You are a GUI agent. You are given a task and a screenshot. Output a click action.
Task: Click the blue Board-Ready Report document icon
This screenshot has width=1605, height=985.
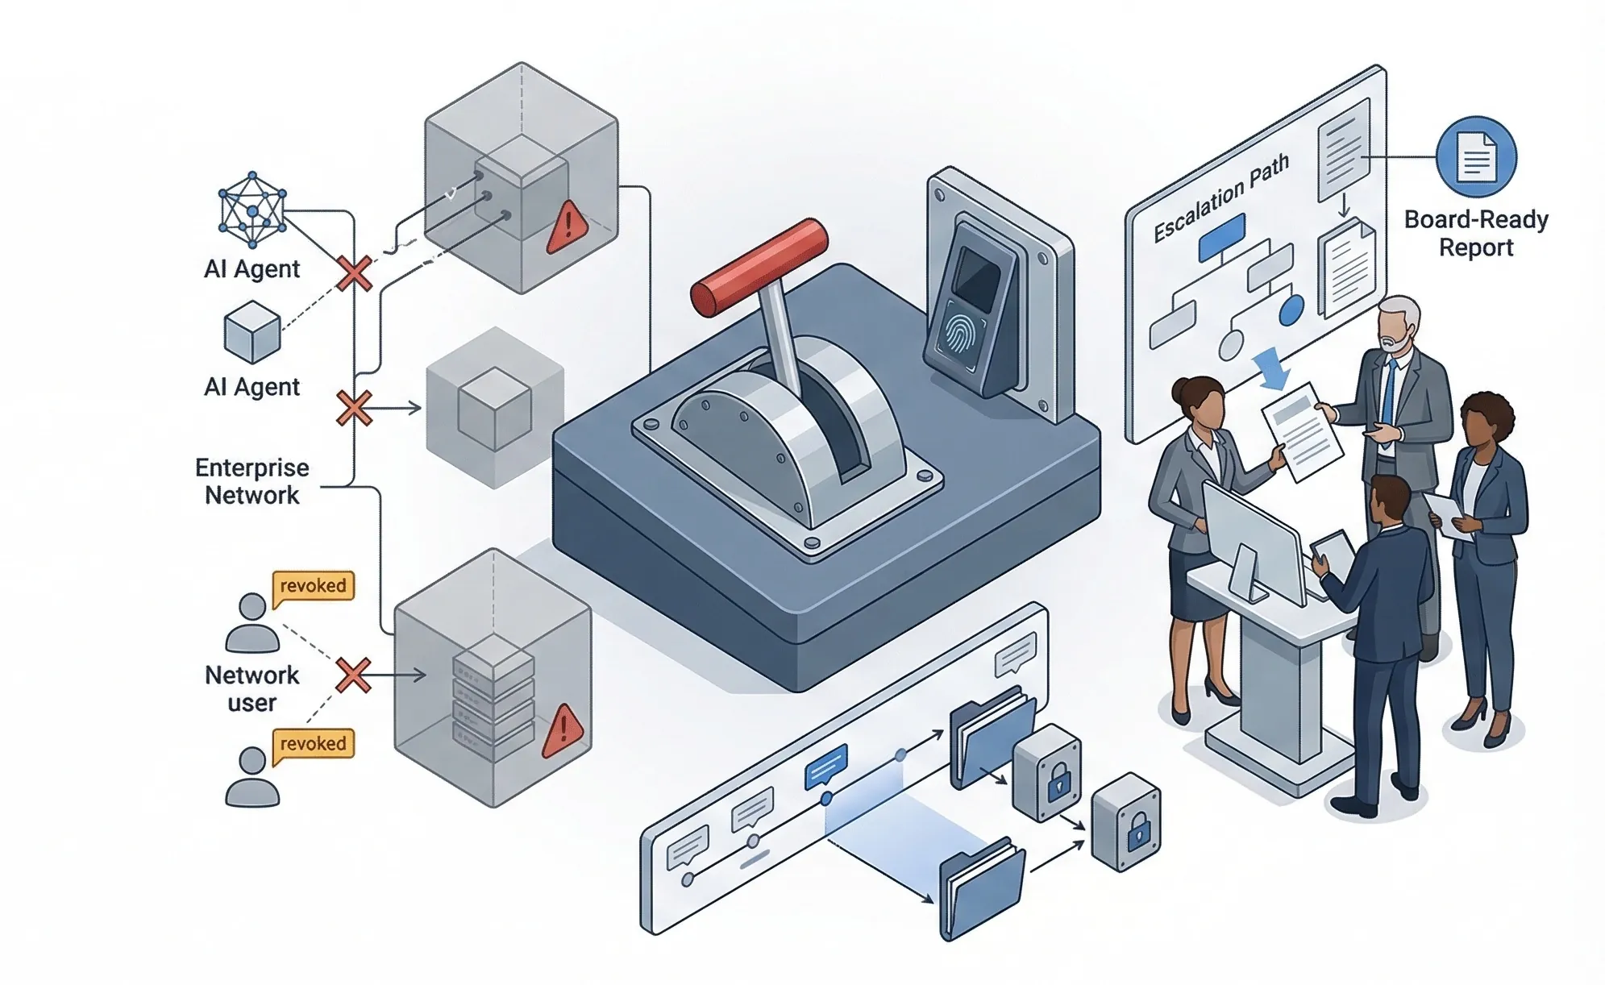click(x=1475, y=157)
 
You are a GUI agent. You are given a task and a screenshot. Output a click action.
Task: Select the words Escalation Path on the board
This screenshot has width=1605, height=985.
click(x=1220, y=198)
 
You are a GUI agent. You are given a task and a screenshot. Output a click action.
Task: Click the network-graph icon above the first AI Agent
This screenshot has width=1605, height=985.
click(x=252, y=210)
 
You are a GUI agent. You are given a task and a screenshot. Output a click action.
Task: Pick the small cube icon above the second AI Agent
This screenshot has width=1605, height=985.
click(x=252, y=332)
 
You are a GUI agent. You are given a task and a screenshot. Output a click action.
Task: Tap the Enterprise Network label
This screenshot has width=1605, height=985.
click(x=252, y=481)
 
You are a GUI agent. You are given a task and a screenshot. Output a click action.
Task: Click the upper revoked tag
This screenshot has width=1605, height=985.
click(x=314, y=586)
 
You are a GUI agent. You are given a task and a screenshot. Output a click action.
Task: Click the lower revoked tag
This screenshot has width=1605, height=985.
click(x=314, y=744)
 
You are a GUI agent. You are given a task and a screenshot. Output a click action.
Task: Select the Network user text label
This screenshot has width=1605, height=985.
click(x=252, y=688)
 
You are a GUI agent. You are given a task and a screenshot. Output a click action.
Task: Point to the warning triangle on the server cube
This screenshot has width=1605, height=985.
click(x=563, y=730)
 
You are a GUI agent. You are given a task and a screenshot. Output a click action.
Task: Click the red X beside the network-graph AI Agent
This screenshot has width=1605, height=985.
click(x=354, y=273)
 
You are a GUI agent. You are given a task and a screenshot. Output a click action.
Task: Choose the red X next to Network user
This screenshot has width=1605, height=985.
click(x=353, y=675)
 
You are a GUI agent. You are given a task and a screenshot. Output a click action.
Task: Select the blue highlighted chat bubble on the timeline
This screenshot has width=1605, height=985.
click(x=826, y=765)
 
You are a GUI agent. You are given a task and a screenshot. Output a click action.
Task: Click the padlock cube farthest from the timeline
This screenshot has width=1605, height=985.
click(x=1126, y=823)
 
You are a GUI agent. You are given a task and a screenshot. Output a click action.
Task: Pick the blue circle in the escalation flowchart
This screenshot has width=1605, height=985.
click(x=1291, y=310)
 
